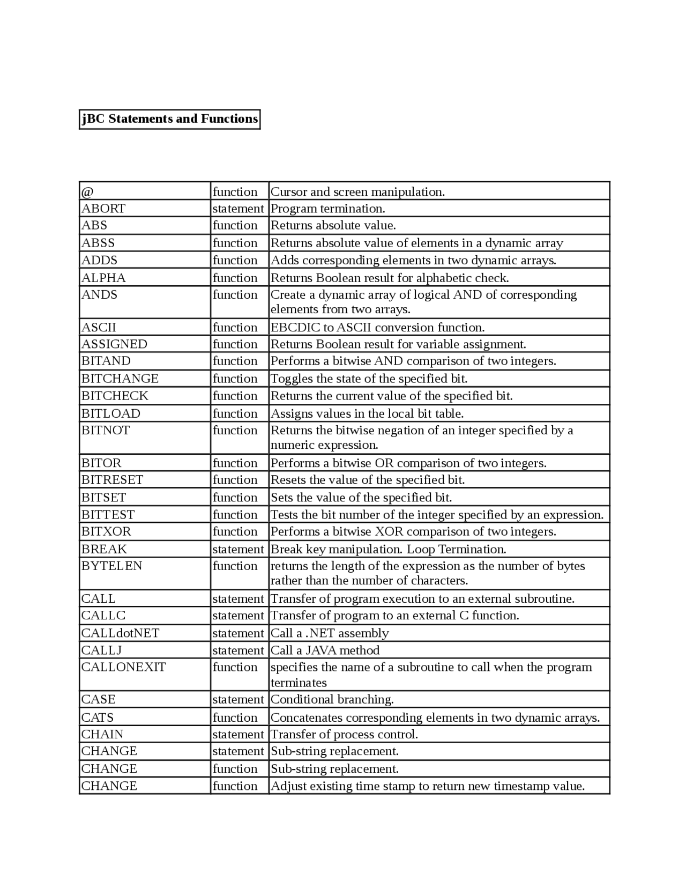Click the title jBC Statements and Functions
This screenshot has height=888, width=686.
[169, 119]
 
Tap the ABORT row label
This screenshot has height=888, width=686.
[103, 209]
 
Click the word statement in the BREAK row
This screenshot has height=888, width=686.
[238, 549]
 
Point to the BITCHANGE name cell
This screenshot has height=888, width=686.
[120, 379]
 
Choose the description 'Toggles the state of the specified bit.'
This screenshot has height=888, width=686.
[369, 379]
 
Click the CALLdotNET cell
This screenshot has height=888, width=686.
[121, 633]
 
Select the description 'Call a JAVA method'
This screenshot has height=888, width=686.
[325, 650]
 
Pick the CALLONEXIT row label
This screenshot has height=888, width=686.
[124, 667]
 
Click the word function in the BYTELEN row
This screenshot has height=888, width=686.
[235, 566]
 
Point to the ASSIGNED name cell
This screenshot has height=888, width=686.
[114, 344]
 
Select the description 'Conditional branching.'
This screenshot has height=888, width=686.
[332, 700]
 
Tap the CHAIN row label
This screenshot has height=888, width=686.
[102, 735]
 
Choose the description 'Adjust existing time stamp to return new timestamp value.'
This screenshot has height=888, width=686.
[427, 786]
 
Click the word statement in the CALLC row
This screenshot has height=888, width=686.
[238, 616]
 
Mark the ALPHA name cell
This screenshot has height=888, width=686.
[103, 278]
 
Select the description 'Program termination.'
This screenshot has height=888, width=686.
[328, 209]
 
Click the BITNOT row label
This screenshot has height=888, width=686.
[106, 431]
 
